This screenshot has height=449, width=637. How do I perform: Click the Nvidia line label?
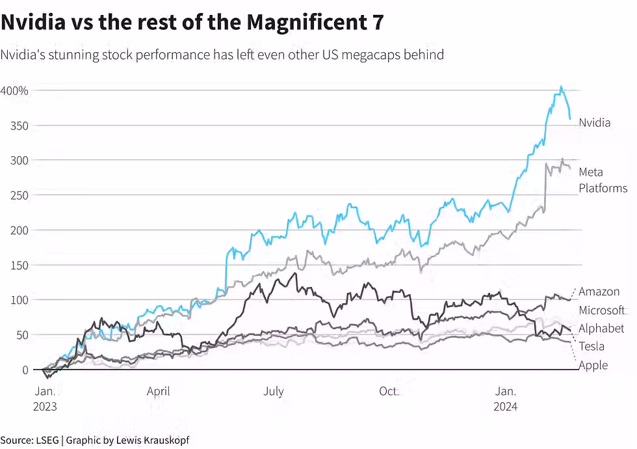594,122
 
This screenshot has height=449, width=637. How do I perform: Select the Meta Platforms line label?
603,180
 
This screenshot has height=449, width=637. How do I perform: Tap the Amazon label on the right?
599,292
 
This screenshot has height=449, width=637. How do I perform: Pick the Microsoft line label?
601,310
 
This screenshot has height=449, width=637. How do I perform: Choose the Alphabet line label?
601,328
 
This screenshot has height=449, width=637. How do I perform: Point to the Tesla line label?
591,346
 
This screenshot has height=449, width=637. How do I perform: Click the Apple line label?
593,365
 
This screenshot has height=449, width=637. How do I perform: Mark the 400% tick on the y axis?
14,90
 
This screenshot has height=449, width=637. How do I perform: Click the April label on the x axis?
158,391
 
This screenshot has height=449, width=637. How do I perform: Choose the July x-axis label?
274,391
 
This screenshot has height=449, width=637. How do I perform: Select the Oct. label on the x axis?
389,391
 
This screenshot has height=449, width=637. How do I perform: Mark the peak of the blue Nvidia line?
561,86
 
